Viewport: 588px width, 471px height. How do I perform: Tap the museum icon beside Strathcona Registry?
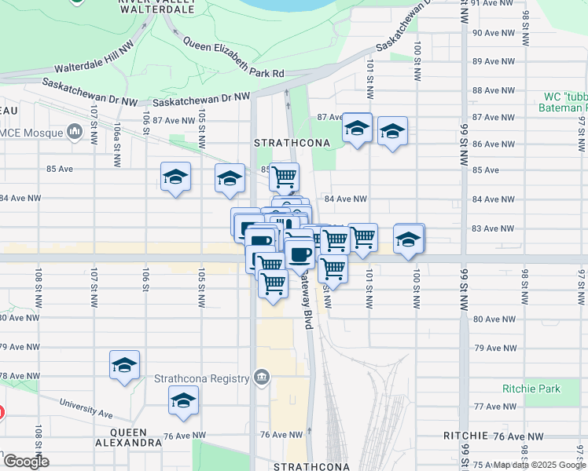coord(263,378)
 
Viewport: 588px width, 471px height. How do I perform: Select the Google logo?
coord(26,462)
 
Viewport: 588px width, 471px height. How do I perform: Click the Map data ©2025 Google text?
coord(539,465)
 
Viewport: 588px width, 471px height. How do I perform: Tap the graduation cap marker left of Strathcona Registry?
coord(124,365)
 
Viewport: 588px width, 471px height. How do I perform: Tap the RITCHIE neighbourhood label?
coord(465,436)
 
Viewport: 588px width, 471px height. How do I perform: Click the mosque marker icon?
coord(75,131)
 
